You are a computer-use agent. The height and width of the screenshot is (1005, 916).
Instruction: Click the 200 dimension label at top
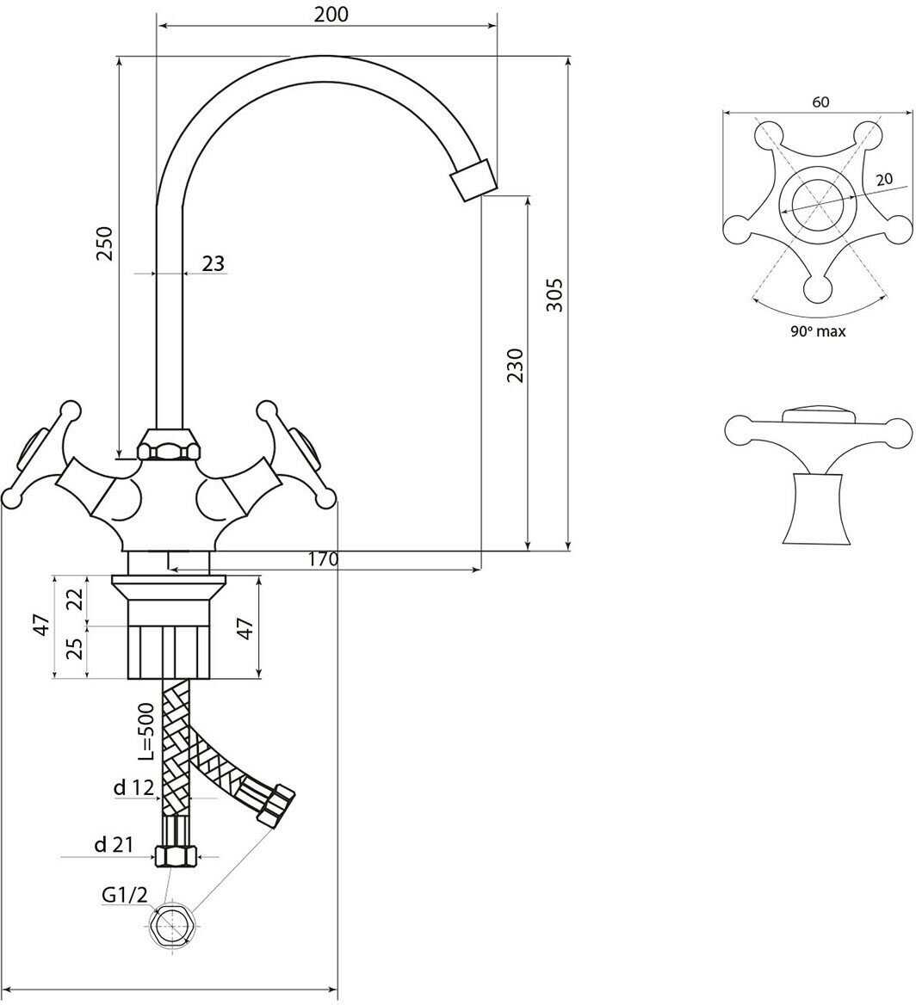[331, 14]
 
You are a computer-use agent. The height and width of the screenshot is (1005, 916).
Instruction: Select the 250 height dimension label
[104, 244]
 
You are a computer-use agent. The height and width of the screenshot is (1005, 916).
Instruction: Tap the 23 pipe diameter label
[214, 262]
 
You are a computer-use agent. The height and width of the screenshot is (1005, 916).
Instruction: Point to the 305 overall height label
[554, 294]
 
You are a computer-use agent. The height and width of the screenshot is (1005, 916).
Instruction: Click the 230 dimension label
[515, 366]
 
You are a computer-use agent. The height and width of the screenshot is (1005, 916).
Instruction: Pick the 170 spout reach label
[323, 559]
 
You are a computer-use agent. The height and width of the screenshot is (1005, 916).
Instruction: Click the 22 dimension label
[76, 599]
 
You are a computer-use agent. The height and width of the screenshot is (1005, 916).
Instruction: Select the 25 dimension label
[76, 649]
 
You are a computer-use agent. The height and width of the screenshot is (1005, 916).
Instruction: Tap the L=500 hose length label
[147, 731]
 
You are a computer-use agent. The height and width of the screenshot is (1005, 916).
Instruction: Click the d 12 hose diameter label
[134, 787]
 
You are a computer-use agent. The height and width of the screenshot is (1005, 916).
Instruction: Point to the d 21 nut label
[114, 845]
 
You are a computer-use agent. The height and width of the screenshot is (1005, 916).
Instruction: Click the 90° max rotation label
[818, 331]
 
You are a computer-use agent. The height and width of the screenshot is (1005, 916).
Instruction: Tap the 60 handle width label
[820, 102]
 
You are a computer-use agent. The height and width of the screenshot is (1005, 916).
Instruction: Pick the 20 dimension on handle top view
[884, 180]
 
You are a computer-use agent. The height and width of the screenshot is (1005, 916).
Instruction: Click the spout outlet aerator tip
[474, 179]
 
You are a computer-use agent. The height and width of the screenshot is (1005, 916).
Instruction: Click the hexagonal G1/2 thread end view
[172, 926]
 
